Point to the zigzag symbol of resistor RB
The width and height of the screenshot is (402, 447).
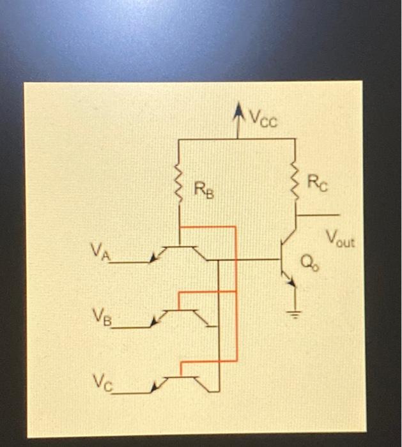pos(180,186)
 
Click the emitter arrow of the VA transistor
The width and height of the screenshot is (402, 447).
pos(153,257)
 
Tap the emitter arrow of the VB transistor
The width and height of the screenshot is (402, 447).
pos(154,323)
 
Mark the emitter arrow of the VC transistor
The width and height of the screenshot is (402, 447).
pos(155,387)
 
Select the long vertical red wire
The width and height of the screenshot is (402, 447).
pos(236,294)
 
